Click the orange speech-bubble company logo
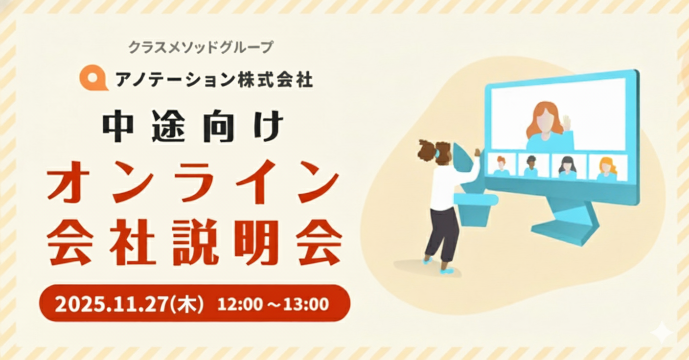93,78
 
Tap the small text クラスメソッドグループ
200,47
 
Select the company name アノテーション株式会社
214,79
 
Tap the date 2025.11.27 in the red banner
112,304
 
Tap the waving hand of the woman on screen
567,123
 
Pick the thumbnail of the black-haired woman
568,166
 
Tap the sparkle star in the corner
662,333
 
